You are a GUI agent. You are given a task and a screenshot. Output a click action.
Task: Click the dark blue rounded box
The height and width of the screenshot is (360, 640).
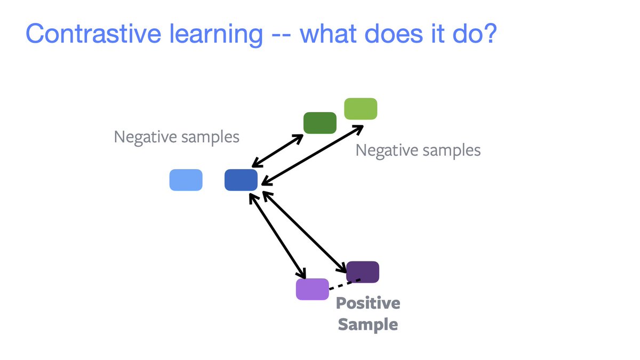pos(241,180)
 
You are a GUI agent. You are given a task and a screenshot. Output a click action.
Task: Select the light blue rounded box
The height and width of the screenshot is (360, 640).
pos(186,180)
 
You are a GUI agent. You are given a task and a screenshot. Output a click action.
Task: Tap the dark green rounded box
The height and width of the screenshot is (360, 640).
pos(320,123)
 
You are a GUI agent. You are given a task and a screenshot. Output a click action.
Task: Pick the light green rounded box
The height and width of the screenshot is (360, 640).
pos(361,109)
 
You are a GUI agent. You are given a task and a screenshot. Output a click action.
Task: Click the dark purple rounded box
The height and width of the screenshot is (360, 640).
pos(363,271)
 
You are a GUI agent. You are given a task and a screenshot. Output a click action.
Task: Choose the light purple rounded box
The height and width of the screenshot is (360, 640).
pos(313,289)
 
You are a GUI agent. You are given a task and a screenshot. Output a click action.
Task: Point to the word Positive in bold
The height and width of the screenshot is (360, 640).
pos(368,304)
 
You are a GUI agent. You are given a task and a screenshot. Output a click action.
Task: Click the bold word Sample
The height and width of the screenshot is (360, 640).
pos(368,324)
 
